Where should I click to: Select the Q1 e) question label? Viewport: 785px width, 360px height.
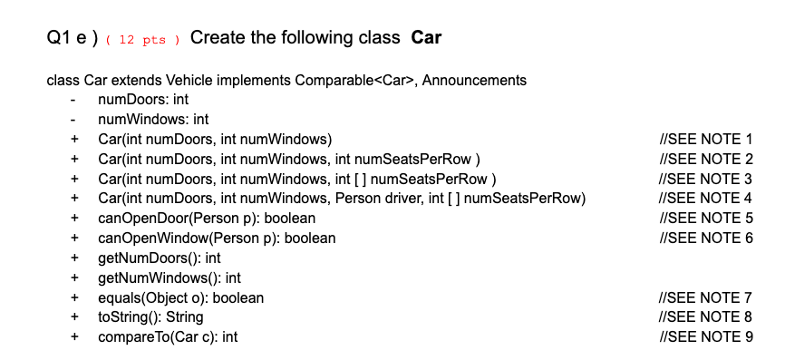[x=71, y=39]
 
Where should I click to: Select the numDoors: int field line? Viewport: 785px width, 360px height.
[x=142, y=99]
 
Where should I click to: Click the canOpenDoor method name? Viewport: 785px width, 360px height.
[x=137, y=218]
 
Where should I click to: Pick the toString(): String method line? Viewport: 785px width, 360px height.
[x=150, y=316]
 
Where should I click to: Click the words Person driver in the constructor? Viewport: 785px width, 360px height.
[x=378, y=198]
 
